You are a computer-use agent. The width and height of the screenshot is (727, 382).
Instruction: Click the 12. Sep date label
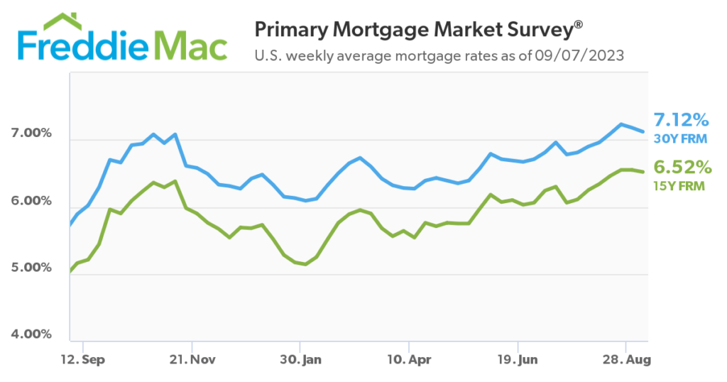point(82,359)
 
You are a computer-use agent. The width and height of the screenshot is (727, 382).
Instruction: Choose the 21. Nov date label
point(192,359)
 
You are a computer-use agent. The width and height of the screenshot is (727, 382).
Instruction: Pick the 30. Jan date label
point(300,359)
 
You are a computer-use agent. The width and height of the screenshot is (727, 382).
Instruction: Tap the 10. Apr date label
point(409,359)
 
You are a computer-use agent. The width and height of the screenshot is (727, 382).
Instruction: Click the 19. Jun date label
point(518,359)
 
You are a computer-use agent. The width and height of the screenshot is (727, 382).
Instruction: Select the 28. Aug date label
point(626,359)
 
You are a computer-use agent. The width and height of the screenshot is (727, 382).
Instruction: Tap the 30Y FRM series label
point(680,138)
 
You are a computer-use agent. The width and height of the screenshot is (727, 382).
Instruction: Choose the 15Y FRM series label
point(680,186)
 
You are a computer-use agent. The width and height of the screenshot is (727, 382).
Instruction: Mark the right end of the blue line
point(644,131)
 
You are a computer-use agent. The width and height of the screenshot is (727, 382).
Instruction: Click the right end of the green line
point(644,171)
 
